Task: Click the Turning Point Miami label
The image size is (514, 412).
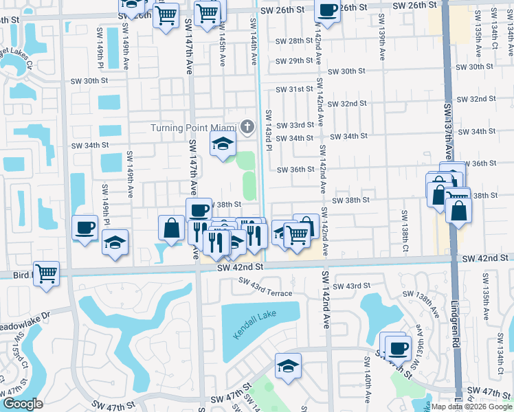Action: click(x=194, y=128)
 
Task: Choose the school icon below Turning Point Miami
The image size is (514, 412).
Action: click(x=223, y=145)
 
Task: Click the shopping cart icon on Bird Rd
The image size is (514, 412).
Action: click(x=46, y=273)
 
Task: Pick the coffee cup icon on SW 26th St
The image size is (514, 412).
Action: click(x=328, y=10)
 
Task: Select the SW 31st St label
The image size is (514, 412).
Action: click(x=295, y=90)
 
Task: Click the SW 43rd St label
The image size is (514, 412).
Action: click(x=353, y=285)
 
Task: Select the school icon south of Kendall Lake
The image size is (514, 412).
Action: click(x=289, y=365)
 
